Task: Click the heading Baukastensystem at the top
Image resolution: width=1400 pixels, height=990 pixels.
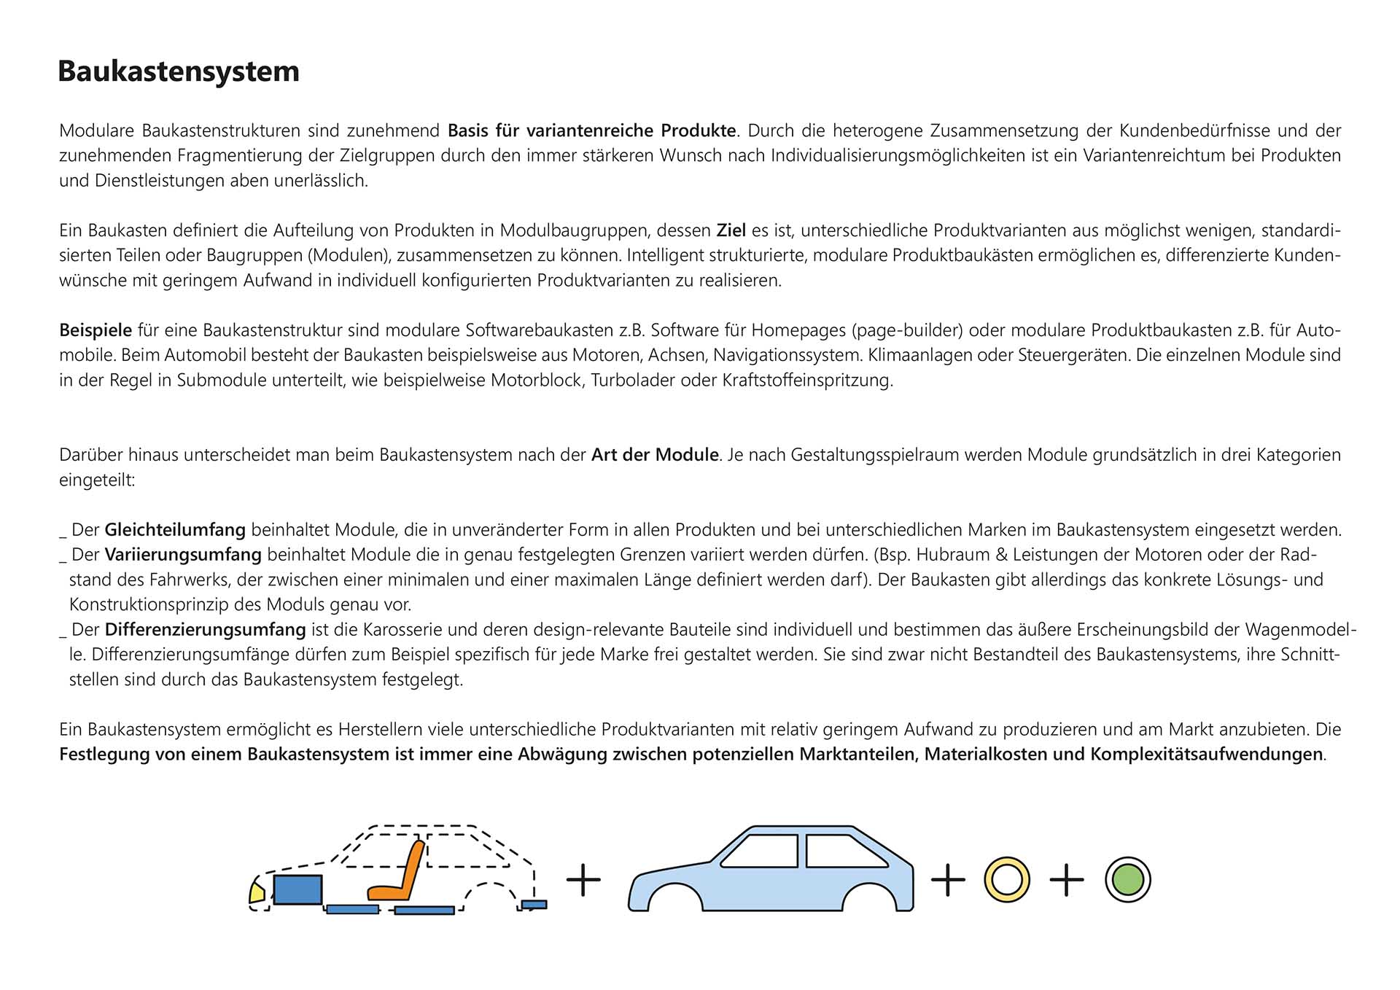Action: click(179, 71)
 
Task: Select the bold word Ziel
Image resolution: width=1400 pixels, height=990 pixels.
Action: click(731, 231)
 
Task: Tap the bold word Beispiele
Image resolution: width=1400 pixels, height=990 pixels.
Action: click(96, 331)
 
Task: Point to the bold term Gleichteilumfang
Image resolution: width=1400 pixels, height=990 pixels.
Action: click(175, 530)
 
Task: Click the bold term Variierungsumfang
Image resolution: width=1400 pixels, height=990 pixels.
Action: click(183, 555)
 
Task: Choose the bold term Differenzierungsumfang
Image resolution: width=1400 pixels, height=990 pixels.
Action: click(205, 630)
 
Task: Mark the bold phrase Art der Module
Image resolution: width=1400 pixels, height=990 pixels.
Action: click(655, 455)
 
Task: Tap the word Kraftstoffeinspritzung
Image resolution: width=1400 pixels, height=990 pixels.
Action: click(807, 381)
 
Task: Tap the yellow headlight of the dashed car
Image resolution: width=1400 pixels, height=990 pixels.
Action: click(257, 892)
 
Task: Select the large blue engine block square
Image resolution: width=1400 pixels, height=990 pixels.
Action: click(297, 889)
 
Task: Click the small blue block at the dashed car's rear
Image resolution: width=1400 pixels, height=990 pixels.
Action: click(534, 905)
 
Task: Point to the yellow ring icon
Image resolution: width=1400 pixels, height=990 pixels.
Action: click(1006, 880)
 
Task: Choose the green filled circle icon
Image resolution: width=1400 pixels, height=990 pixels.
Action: click(1127, 880)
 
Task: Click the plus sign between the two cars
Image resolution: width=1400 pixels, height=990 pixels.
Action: click(583, 880)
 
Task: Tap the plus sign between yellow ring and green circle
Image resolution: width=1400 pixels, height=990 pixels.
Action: click(1066, 880)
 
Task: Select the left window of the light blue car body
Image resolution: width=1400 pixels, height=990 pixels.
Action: click(761, 851)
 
